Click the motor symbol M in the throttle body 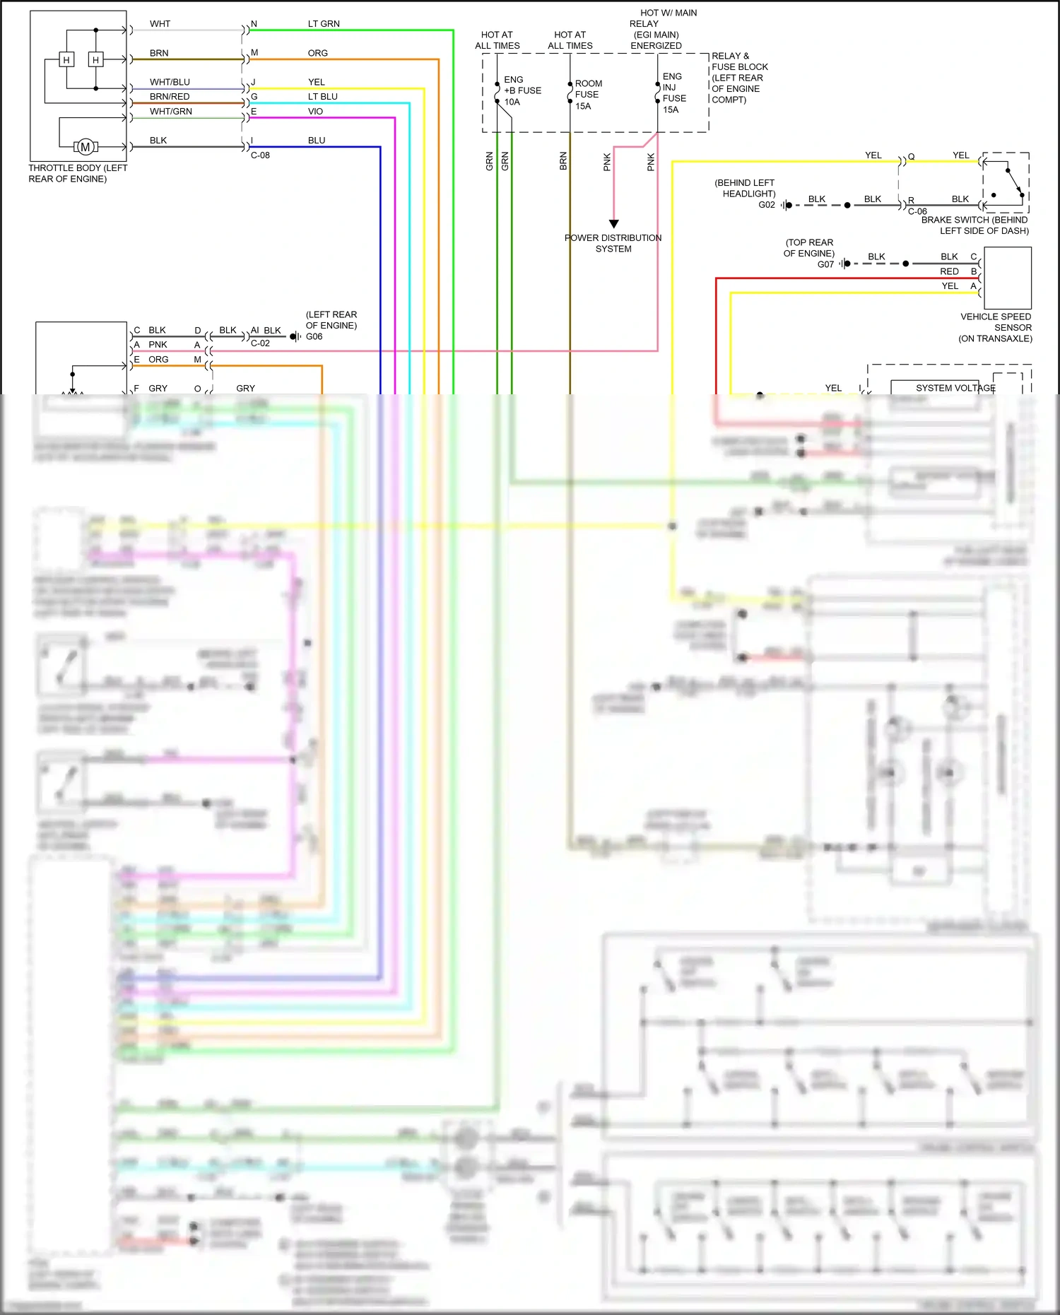point(86,147)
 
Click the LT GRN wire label point(324,24)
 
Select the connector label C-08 point(260,155)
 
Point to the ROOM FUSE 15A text point(588,95)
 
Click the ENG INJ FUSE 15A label point(673,93)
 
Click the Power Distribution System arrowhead point(613,223)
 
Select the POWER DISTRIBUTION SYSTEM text point(613,243)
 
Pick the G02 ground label point(767,205)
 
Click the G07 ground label point(825,264)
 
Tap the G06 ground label point(314,337)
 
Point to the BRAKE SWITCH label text point(974,225)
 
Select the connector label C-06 point(917,211)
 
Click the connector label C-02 point(260,343)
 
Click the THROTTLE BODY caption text point(78,174)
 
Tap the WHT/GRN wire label point(170,112)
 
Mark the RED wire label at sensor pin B point(949,271)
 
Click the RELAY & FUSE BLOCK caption point(739,78)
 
